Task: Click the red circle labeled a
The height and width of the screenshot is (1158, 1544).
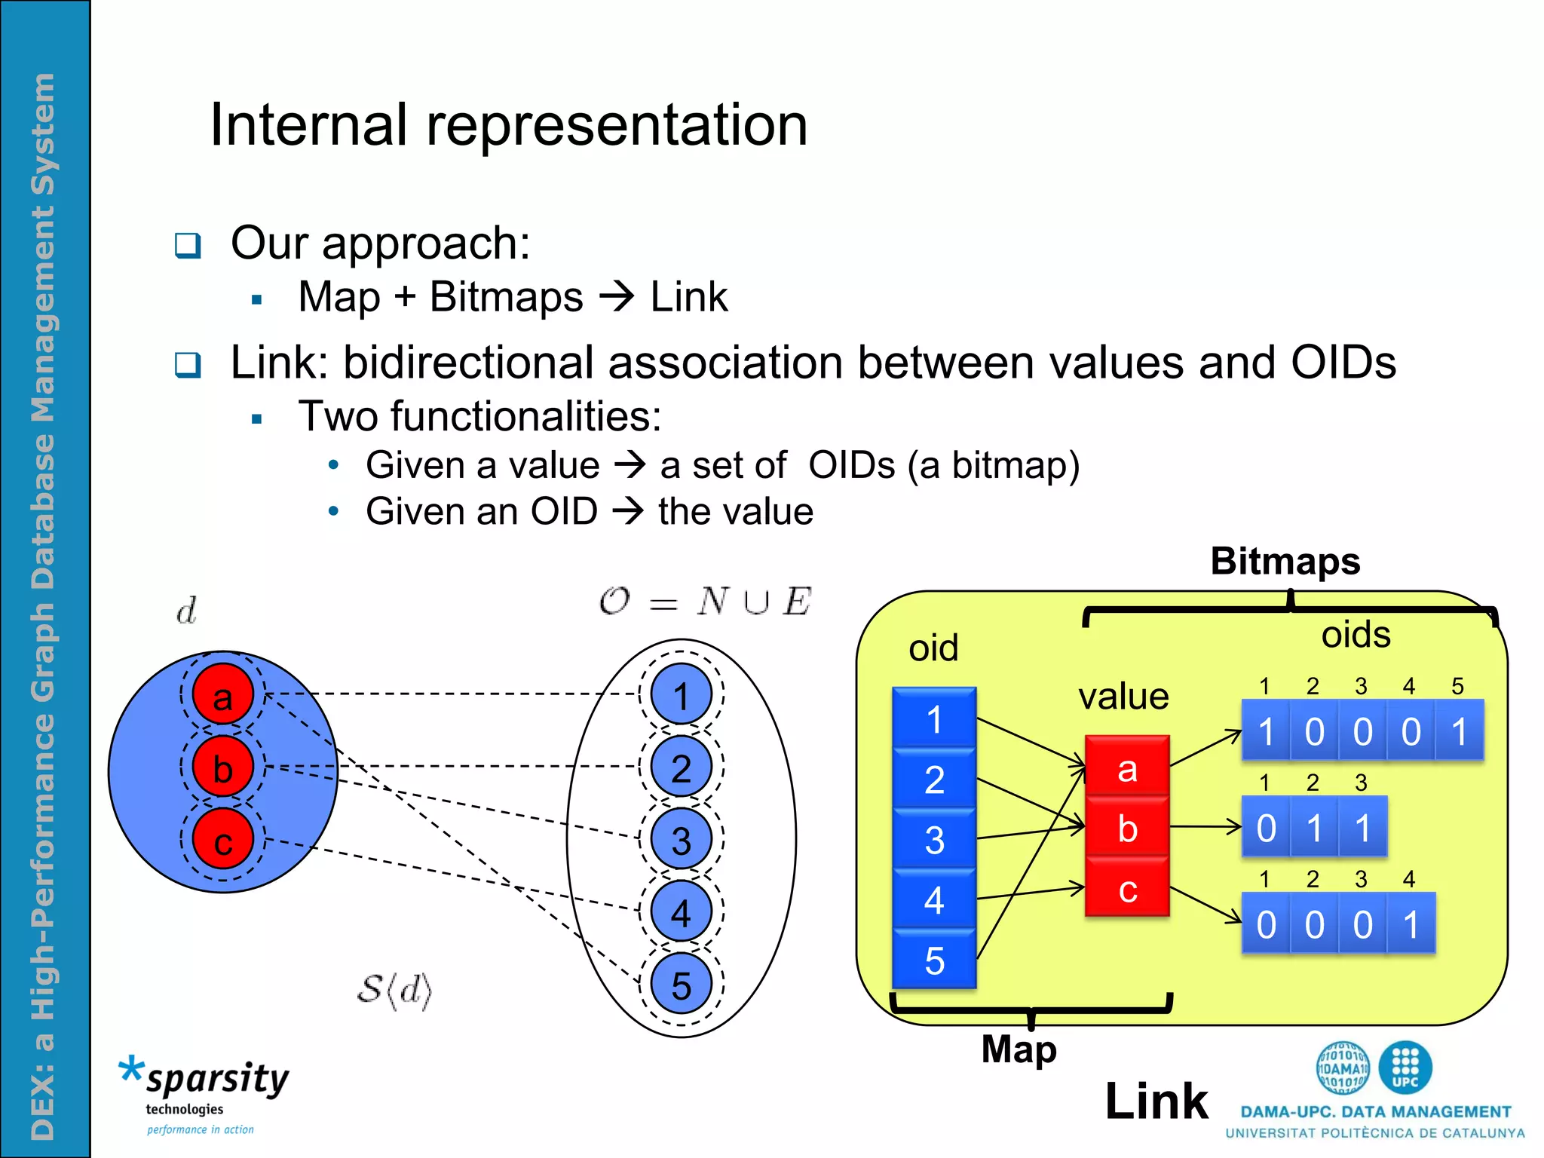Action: click(x=222, y=694)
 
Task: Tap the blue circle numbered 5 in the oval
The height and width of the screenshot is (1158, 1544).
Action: click(x=681, y=985)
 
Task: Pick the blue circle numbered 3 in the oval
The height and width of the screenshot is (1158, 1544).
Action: click(x=681, y=839)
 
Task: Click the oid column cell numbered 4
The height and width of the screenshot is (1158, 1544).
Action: click(x=934, y=899)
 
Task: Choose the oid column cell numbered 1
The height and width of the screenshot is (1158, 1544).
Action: click(x=934, y=718)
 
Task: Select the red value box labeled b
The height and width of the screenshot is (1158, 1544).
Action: click(x=1127, y=828)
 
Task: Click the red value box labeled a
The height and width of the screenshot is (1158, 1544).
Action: click(x=1127, y=767)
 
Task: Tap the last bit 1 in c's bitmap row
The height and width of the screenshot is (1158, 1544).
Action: click(x=1411, y=924)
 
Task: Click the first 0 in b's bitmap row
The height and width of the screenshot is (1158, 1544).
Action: click(x=1266, y=828)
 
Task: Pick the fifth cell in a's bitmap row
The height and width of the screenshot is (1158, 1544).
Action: click(x=1459, y=731)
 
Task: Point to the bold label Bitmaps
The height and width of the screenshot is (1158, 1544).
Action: click(x=1285, y=561)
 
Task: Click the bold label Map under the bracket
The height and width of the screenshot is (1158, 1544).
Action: click(x=1019, y=1049)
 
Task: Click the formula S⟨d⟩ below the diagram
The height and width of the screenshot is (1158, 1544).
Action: click(x=394, y=991)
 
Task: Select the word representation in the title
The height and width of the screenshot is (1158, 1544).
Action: click(x=617, y=125)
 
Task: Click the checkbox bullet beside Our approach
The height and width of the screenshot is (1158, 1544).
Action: click(x=188, y=245)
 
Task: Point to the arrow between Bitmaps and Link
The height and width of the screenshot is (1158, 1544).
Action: click(x=617, y=296)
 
